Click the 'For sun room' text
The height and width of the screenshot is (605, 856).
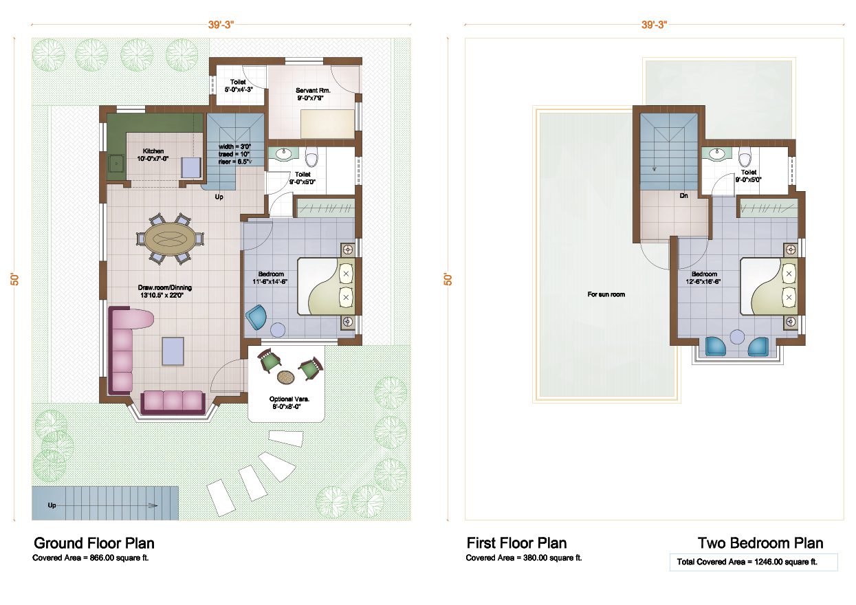click(606, 294)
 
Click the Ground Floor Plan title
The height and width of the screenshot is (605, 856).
click(94, 543)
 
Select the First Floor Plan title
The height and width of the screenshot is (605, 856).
click(516, 543)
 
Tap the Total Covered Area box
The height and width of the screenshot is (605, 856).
click(753, 562)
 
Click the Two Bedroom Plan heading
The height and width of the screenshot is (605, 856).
click(760, 543)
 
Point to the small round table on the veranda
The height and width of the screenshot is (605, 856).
click(285, 377)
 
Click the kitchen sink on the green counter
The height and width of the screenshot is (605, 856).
click(116, 164)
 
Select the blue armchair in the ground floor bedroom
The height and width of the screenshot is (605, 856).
click(257, 317)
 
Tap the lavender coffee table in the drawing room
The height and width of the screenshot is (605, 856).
click(173, 351)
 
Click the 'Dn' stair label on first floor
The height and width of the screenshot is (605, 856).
click(683, 196)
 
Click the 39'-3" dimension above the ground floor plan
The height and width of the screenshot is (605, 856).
click(221, 25)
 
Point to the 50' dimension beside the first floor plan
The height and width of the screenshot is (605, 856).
click(448, 278)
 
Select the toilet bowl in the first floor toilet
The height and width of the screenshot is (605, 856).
click(745, 159)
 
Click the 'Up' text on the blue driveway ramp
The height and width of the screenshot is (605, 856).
click(52, 505)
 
